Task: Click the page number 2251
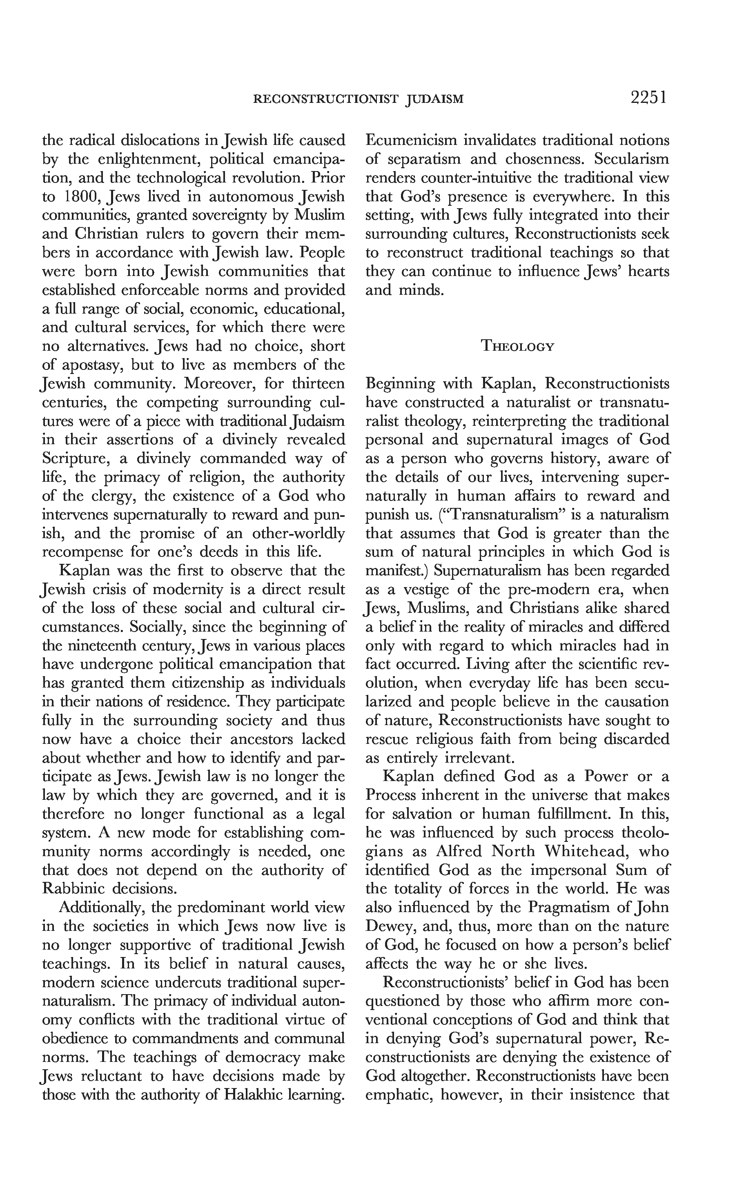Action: [648, 98]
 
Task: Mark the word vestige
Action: [427, 589]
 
